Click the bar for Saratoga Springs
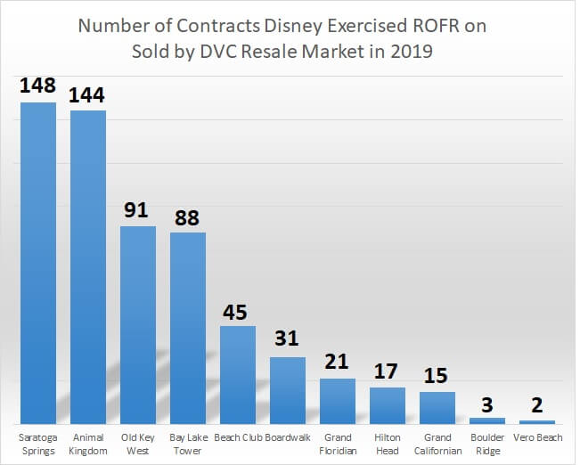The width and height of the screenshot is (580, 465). point(38,263)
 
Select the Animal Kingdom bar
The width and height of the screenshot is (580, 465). point(88,266)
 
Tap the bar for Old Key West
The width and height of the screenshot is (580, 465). point(138,324)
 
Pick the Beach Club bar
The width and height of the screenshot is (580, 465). point(238,374)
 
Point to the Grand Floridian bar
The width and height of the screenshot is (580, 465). point(338,401)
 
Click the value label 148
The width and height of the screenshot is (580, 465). point(38,86)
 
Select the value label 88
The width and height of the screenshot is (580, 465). point(188,216)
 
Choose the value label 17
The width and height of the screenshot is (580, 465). point(388,371)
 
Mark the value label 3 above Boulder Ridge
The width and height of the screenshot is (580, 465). point(487,404)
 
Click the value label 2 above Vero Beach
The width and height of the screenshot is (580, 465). point(537,406)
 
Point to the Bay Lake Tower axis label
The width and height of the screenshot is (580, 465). point(188,444)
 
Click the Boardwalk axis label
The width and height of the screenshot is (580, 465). point(288,437)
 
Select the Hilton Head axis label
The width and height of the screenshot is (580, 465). point(388,444)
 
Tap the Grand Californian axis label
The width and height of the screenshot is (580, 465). point(437,444)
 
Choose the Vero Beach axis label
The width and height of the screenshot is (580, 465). point(537,437)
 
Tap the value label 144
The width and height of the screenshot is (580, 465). point(88,94)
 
